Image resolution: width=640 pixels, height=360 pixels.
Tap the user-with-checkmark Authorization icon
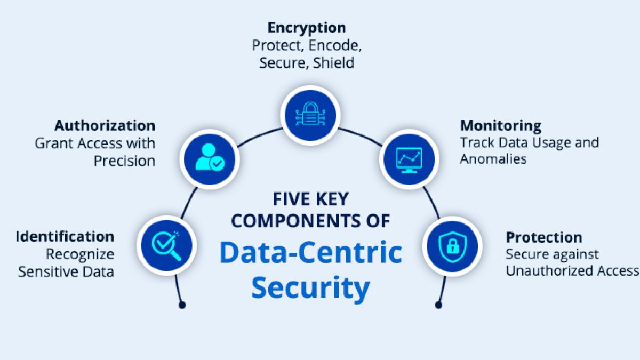coord(210,158)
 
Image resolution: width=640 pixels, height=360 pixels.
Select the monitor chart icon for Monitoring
coord(409,158)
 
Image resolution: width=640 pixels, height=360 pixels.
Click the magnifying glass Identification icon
coord(167,245)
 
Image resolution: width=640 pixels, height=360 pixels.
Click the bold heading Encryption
coord(307,28)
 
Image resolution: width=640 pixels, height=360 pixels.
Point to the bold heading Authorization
coord(105,126)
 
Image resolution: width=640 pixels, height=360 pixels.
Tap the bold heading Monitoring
coord(501,126)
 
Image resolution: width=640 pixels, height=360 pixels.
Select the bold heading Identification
coord(65,236)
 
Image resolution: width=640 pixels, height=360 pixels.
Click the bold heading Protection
coord(544,237)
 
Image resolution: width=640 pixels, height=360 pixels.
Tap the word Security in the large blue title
coord(310,288)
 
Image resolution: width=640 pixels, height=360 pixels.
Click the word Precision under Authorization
coord(124,161)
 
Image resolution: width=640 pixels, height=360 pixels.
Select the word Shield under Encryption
coord(333,62)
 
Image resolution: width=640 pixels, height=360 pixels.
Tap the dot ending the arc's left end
coord(182,305)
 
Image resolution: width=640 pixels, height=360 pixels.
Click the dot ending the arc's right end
coord(438,305)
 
